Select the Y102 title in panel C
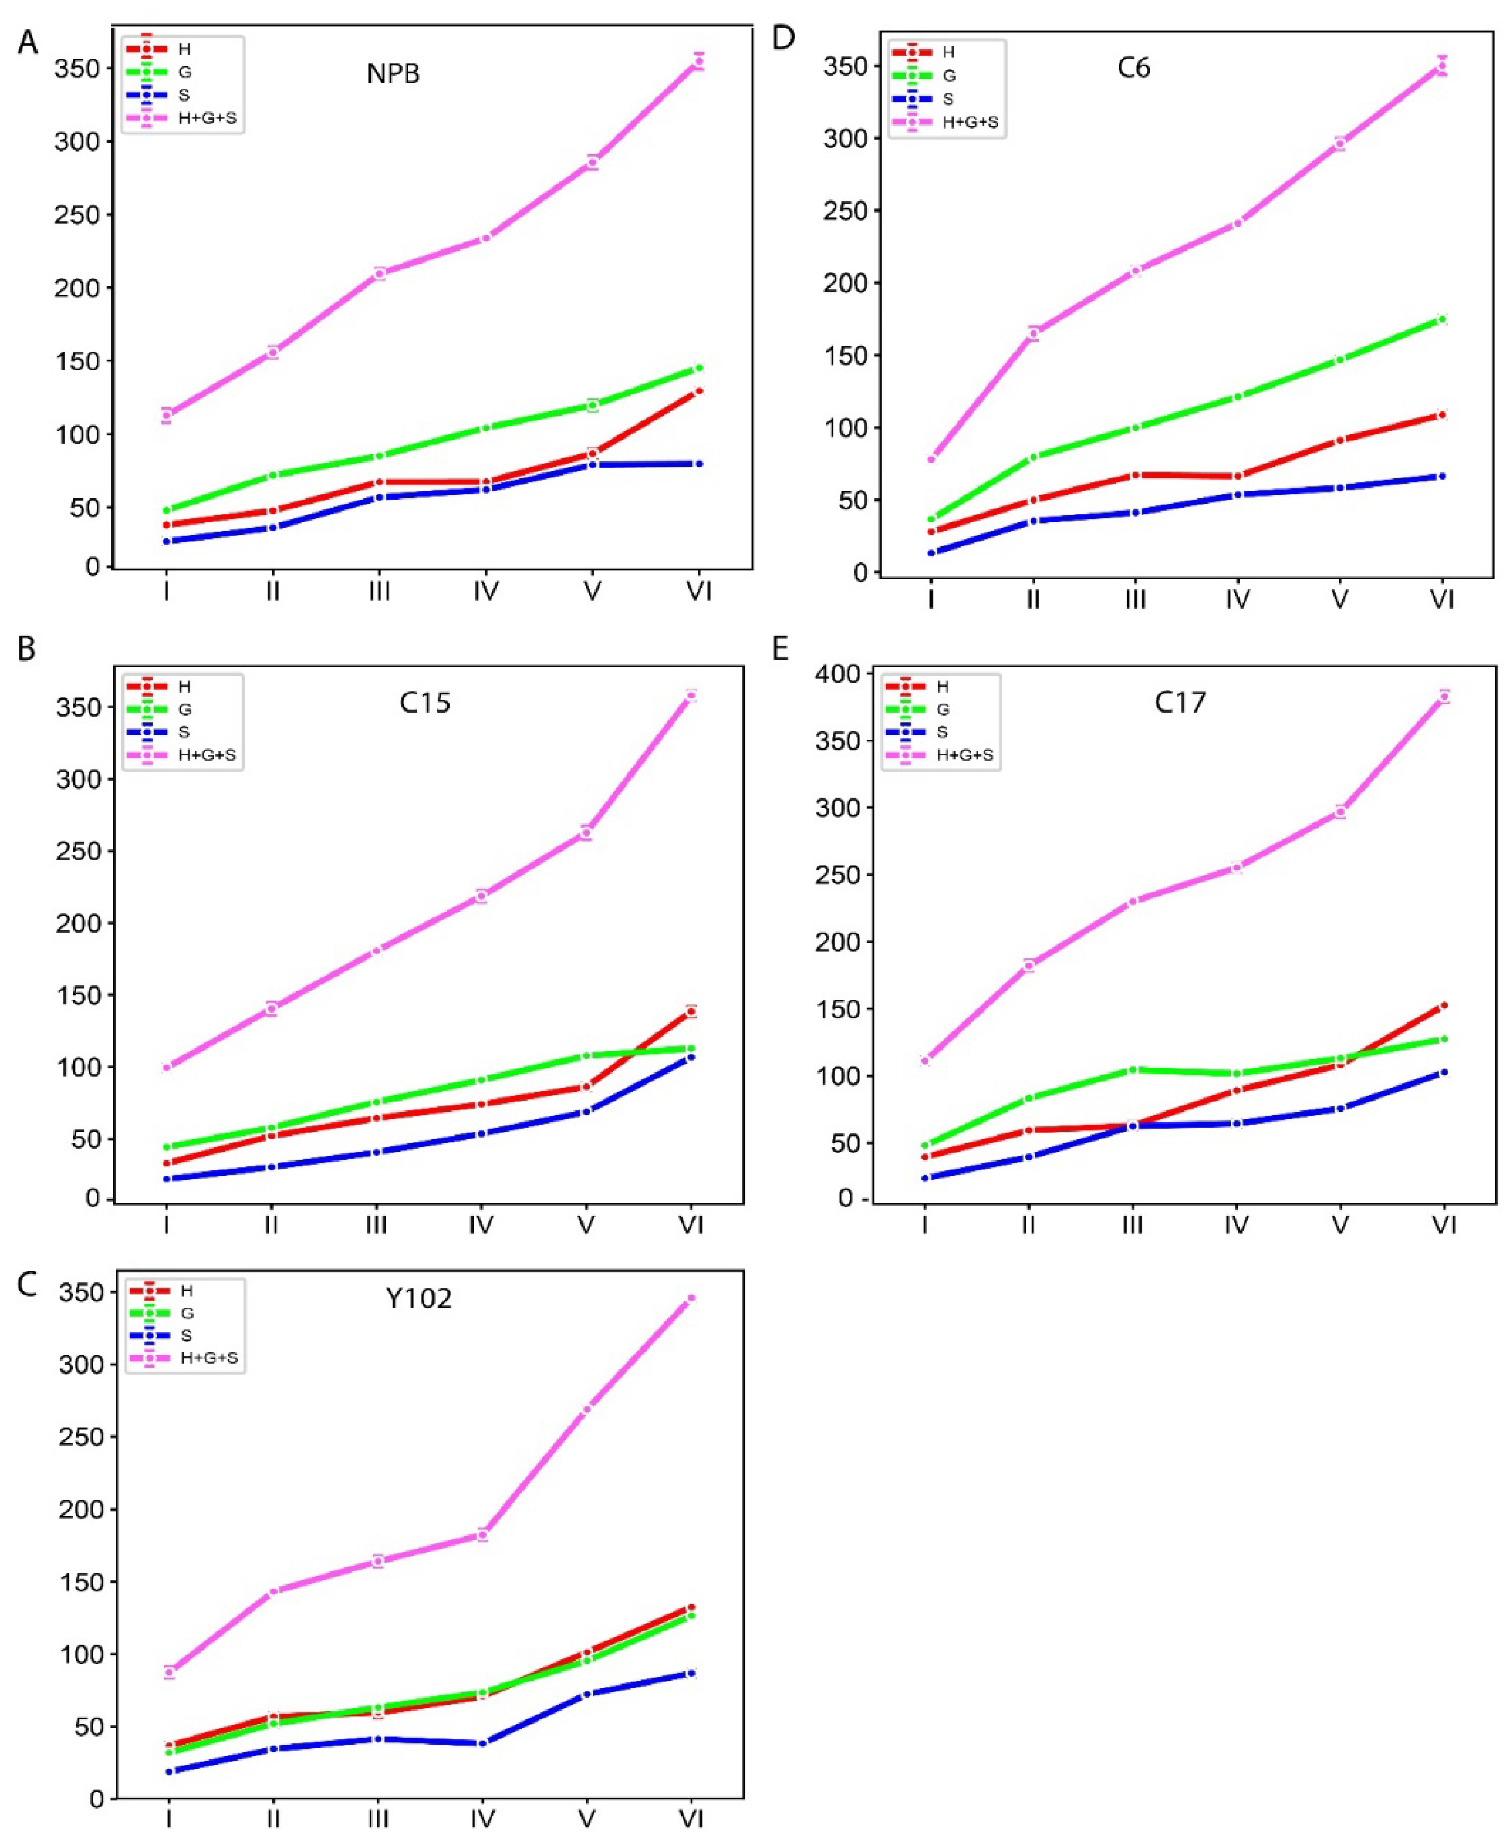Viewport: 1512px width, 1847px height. coord(419,1299)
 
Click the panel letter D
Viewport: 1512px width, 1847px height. coord(783,39)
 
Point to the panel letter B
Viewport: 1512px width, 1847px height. coord(27,649)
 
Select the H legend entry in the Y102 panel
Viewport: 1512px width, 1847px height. coord(185,1291)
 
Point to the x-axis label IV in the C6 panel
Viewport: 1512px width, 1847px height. coord(1237,599)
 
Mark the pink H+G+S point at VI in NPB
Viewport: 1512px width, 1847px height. coord(699,62)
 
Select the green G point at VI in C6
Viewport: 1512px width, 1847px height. coord(1442,320)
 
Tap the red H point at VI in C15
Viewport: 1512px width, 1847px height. coord(691,1011)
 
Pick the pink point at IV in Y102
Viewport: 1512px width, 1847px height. coord(481,1535)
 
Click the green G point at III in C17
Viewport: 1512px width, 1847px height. coord(1132,1069)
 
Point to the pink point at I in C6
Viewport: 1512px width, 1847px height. coord(931,459)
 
